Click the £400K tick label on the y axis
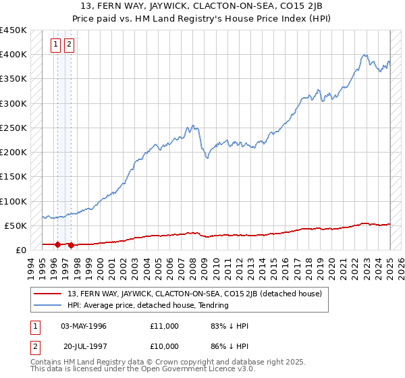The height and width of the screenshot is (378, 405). tap(13, 55)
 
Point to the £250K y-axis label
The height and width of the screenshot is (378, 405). tap(13, 128)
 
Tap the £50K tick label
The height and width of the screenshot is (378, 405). tap(16, 225)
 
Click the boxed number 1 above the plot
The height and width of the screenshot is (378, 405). tap(57, 46)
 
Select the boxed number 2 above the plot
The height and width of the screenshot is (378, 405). tap(69, 46)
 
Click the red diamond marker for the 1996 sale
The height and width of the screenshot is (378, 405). tap(58, 244)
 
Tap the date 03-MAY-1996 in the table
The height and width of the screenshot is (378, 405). tap(84, 326)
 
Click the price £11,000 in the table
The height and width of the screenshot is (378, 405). tap(164, 326)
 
